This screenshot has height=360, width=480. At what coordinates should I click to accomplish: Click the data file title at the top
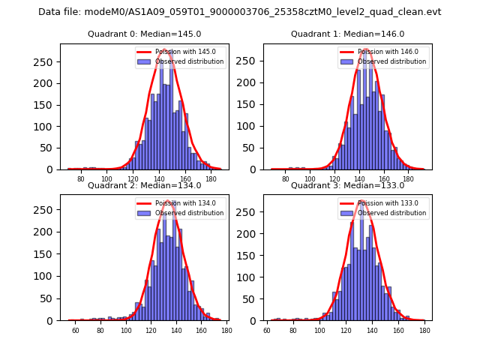click(x=240, y=12)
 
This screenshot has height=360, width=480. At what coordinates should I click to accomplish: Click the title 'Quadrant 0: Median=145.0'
click(x=144, y=34)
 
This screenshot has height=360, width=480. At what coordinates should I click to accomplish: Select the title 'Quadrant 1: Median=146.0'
click(x=347, y=34)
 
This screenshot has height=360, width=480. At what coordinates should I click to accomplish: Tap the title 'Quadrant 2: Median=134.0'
click(x=144, y=185)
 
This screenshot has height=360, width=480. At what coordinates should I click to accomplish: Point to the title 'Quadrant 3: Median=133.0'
click(x=347, y=185)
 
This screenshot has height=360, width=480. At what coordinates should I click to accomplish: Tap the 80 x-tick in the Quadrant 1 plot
click(x=286, y=179)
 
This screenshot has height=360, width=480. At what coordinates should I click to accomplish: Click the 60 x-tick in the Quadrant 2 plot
click(x=75, y=330)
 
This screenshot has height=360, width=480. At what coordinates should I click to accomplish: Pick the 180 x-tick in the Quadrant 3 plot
click(x=424, y=330)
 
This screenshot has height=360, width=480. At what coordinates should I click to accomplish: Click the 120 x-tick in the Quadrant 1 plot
click(x=326, y=179)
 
